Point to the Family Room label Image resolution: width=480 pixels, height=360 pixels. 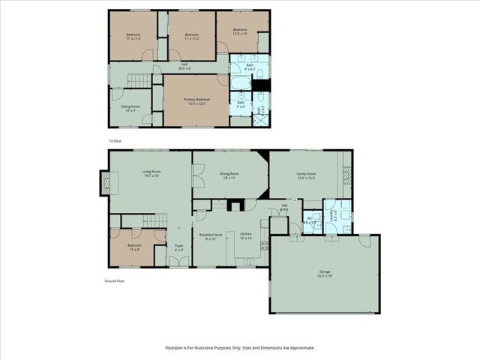click(306, 175)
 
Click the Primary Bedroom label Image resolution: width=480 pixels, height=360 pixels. click(197, 101)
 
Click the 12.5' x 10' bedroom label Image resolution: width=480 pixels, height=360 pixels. click(240, 31)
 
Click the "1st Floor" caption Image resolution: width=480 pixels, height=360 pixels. click(115, 141)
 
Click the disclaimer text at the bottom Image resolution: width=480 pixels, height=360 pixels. click(240, 348)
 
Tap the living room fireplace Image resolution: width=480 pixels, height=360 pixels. click(105, 182)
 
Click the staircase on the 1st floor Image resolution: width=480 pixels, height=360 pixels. click(139, 80)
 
